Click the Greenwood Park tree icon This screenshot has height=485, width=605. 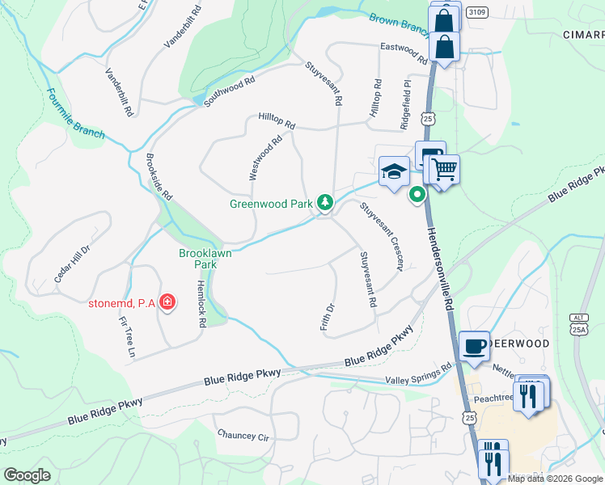click(x=324, y=202)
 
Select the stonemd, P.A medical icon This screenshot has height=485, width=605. click(x=167, y=303)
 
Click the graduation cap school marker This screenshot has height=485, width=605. click(x=393, y=171)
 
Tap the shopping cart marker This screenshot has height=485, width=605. click(x=444, y=170)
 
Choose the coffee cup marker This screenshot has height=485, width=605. click(x=474, y=345)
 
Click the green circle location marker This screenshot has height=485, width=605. click(x=417, y=194)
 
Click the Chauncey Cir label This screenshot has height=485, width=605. click(x=243, y=435)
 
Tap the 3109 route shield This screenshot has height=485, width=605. click(x=477, y=11)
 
